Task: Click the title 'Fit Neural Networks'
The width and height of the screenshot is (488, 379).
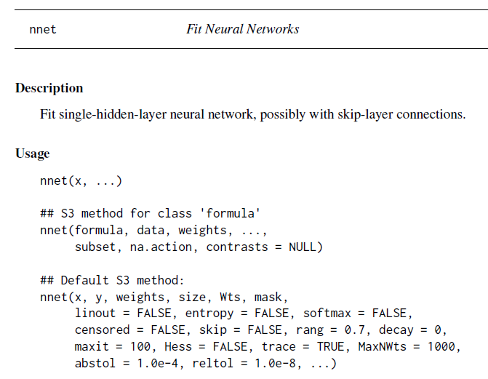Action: [242, 29]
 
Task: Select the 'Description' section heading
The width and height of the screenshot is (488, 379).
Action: [49, 88]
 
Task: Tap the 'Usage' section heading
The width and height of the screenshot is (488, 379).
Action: [33, 153]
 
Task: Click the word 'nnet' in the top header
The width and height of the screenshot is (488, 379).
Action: [43, 30]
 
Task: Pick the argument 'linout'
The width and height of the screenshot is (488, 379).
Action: [95, 313]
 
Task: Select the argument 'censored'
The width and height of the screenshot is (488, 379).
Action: [103, 330]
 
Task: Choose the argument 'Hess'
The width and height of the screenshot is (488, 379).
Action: [178, 346]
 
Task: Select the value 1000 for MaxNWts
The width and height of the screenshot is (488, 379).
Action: [442, 346]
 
